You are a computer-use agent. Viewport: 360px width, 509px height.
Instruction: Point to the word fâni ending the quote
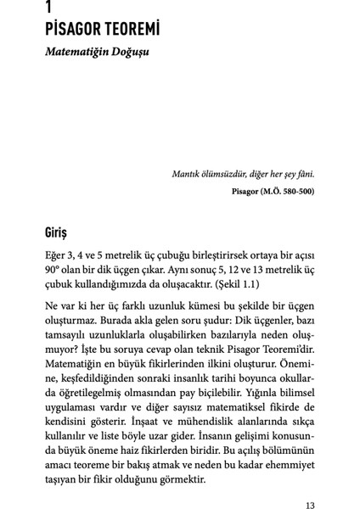[x=302, y=175]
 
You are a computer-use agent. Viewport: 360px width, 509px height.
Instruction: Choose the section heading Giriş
[x=59, y=231]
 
